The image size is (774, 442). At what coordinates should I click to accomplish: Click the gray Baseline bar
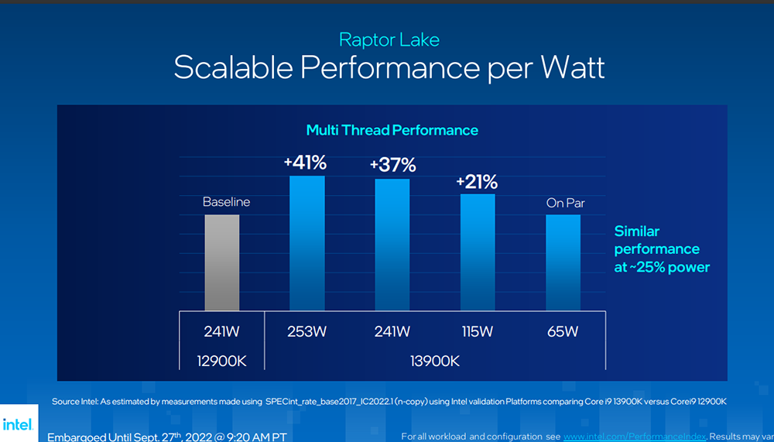coord(221,262)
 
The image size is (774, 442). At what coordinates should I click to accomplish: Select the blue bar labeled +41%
coord(307,243)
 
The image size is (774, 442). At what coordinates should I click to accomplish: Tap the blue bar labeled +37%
coord(392,245)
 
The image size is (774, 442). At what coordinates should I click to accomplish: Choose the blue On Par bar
coord(563,262)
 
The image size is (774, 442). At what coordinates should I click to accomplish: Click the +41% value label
coord(305,163)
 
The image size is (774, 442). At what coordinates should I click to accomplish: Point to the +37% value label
coord(392,165)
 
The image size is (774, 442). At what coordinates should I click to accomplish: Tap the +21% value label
coord(477,182)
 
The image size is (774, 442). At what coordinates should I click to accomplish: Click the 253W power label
coord(307,332)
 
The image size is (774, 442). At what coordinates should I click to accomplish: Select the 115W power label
coord(478,332)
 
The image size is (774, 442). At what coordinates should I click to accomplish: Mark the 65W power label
coord(563,332)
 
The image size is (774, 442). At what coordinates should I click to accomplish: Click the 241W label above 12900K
coord(221,332)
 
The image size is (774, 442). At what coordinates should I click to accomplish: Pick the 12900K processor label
coord(221,361)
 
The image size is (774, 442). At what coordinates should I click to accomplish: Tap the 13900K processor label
coord(435,361)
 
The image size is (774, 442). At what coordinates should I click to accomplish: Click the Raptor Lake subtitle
coord(389,39)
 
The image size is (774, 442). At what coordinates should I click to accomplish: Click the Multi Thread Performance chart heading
coord(392,130)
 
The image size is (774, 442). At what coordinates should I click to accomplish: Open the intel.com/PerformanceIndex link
coord(635,437)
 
